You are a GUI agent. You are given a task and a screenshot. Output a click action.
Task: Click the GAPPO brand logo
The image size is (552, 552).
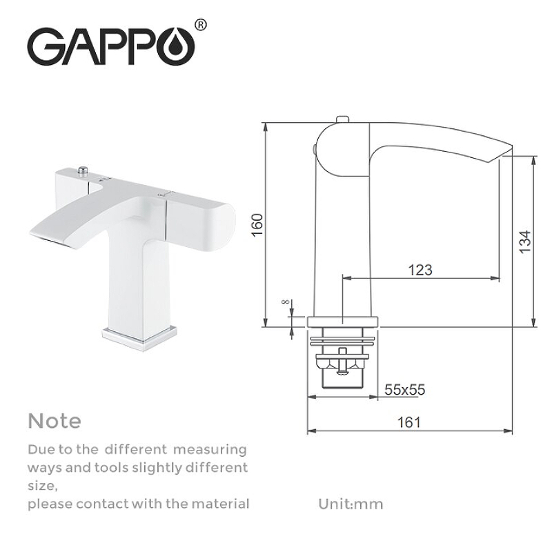pyautogui.click(x=110, y=46)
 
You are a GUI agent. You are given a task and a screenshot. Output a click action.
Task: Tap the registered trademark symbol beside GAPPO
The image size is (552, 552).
pyautogui.click(x=200, y=25)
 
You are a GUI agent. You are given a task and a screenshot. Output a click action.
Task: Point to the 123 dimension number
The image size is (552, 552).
pyautogui.click(x=420, y=269)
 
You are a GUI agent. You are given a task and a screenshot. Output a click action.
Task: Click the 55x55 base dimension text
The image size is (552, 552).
pyautogui.click(x=404, y=390)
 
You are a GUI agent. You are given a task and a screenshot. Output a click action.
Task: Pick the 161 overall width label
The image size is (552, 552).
pyautogui.click(x=409, y=422)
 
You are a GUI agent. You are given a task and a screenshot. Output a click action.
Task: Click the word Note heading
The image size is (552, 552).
pyautogui.click(x=55, y=420)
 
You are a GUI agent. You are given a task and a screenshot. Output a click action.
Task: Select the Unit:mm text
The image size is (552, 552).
pyautogui.click(x=351, y=504)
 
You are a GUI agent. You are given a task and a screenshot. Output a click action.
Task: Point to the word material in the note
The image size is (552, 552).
pyautogui.click(x=217, y=504)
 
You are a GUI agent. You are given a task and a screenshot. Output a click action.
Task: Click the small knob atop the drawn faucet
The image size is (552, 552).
pyautogui.click(x=341, y=121)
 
